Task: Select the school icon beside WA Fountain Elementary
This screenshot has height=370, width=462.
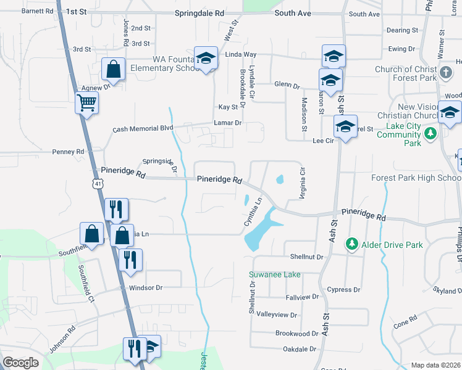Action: click(206, 59)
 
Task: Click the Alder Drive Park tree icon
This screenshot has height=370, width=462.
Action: click(351, 245)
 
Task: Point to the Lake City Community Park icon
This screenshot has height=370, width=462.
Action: click(430, 133)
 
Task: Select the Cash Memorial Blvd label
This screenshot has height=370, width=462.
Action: click(143, 129)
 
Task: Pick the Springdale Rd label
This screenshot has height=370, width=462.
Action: click(198, 12)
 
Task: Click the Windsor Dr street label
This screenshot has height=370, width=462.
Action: click(145, 288)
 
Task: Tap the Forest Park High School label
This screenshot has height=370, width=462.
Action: click(415, 178)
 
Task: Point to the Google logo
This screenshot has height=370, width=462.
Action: click(20, 363)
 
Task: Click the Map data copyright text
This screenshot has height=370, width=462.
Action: click(435, 365)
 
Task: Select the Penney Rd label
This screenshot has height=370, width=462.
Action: click(68, 152)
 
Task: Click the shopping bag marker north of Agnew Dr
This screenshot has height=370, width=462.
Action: click(114, 70)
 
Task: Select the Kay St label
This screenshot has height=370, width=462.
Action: click(228, 107)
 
